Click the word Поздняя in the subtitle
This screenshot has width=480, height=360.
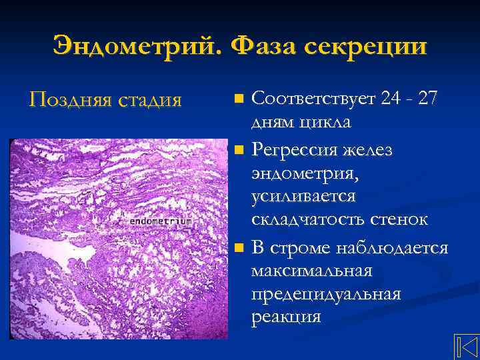click(69, 101)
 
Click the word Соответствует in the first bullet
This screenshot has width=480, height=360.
click(314, 99)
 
